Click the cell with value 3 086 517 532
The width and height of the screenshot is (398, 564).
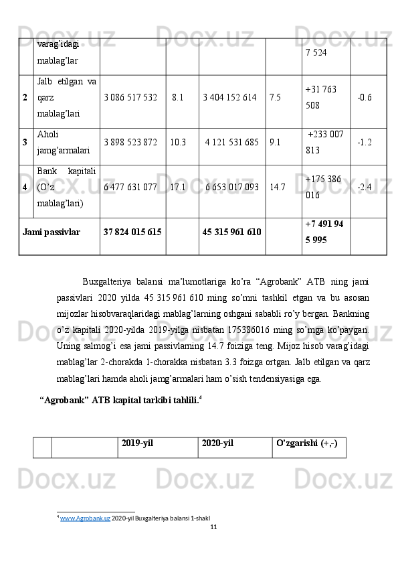(130, 97)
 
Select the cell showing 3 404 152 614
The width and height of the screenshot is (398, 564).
(229, 97)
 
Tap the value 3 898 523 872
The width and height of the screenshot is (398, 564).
(130, 142)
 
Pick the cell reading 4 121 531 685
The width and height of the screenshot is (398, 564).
(231, 142)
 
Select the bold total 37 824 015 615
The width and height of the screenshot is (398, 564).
(132, 232)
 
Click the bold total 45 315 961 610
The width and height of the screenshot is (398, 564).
(231, 232)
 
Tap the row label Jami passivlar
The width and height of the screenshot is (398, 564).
(52, 232)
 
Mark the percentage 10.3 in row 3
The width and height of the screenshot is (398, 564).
(178, 142)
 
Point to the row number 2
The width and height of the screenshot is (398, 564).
(25, 97)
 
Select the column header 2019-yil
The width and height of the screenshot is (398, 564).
(138, 443)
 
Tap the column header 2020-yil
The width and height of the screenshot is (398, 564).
(217, 443)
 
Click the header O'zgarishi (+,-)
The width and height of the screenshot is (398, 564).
(306, 443)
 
